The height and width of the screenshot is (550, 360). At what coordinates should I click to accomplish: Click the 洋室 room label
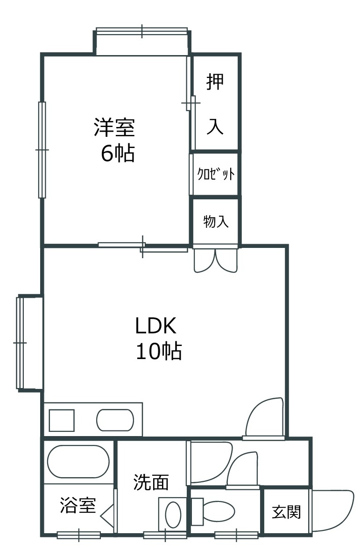(114, 127)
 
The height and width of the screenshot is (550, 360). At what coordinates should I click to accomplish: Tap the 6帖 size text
(118, 153)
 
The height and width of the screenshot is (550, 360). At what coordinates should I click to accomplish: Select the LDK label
(156, 325)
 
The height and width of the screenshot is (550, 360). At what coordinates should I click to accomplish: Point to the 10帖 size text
(159, 351)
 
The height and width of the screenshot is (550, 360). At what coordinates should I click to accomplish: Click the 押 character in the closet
(215, 81)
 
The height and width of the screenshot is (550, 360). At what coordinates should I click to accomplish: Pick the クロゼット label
(216, 174)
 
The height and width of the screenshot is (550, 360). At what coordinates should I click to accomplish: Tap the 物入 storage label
(216, 221)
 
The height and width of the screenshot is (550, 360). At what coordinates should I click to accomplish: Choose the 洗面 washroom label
(151, 482)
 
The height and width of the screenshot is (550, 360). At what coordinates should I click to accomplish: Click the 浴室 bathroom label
(78, 505)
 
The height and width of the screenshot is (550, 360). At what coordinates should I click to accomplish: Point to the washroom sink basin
(173, 515)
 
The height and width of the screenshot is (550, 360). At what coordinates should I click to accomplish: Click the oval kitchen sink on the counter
(115, 420)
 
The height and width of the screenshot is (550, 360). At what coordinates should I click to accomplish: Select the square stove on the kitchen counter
(62, 420)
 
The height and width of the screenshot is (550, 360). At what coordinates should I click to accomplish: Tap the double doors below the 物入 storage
(215, 260)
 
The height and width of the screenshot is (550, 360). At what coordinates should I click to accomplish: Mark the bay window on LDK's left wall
(21, 343)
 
